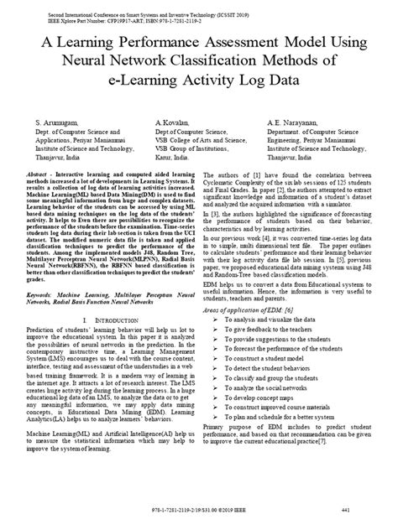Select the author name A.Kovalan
[172, 122]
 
